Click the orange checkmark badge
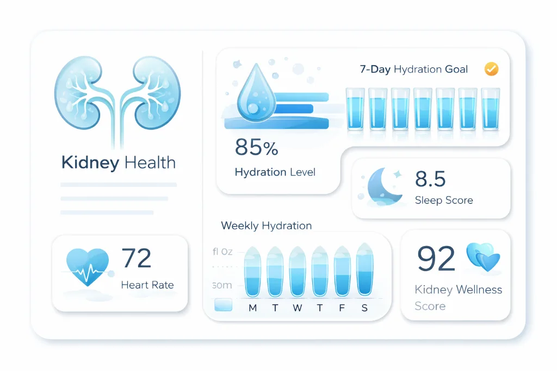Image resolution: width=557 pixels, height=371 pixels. [x=491, y=69]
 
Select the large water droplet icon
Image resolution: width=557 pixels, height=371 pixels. [x=252, y=92]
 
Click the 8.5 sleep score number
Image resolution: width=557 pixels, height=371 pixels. [x=430, y=179]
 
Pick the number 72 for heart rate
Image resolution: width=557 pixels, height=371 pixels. [x=136, y=258]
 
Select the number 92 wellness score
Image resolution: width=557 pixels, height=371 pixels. [x=436, y=258]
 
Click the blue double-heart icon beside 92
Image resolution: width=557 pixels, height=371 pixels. [x=483, y=257]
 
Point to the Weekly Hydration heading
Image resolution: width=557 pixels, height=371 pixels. [x=267, y=225]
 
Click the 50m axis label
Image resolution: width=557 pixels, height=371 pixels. [x=221, y=285]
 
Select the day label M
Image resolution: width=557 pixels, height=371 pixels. [x=252, y=308]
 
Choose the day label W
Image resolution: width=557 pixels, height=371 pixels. [x=298, y=308]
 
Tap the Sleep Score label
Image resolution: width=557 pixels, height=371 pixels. [x=443, y=200]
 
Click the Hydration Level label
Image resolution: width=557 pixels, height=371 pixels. [x=275, y=172]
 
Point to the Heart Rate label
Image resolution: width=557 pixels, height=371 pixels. [x=147, y=285]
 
